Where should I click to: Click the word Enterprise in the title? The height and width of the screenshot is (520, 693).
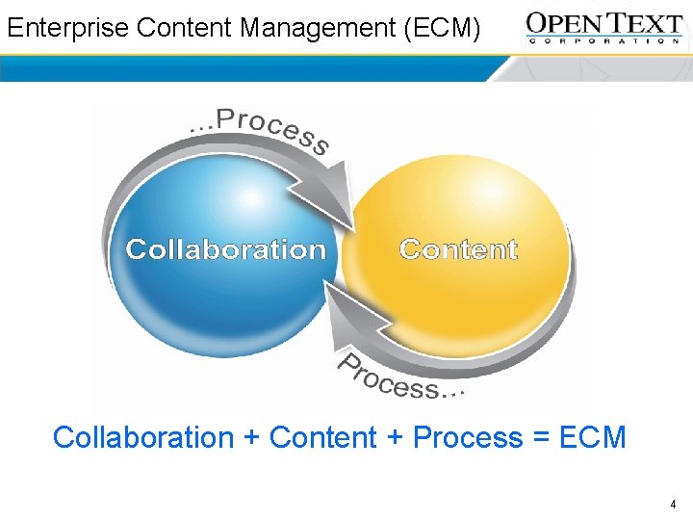[x=68, y=28]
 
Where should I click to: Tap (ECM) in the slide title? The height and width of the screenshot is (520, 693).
[x=443, y=28]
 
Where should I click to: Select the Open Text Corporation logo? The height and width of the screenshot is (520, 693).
[x=604, y=27]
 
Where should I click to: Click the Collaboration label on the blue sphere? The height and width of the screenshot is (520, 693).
[x=226, y=249]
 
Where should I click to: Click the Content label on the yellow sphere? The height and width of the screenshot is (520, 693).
[x=458, y=249]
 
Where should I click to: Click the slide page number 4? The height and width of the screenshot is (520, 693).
[x=673, y=504]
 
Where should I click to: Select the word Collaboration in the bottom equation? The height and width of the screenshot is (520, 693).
[x=143, y=437]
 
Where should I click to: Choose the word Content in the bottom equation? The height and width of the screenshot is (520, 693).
[x=323, y=437]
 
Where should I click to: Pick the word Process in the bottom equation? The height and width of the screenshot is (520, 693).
[x=468, y=437]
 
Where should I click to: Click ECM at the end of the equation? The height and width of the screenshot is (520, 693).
[x=592, y=437]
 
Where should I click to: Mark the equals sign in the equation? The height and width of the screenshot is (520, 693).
[x=540, y=438]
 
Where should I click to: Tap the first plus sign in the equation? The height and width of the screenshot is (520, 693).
[x=252, y=438]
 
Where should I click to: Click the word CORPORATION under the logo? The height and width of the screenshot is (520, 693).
[x=604, y=41]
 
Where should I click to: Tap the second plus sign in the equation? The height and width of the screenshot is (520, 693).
[x=395, y=438]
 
